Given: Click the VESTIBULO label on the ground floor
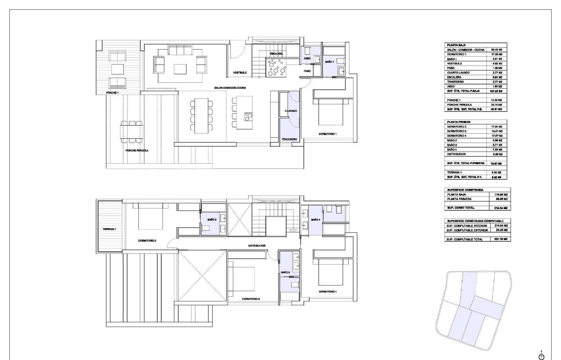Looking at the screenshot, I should click(240, 72).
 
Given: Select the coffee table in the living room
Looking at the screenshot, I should click(180, 69).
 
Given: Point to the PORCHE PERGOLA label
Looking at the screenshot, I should click(137, 151).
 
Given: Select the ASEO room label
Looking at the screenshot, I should click(307, 58).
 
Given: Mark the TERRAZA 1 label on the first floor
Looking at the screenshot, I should click(109, 230).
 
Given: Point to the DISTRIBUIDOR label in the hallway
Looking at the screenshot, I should click(257, 245).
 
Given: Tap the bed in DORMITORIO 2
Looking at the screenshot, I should click(150, 217).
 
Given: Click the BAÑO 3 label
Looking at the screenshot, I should click(286, 272).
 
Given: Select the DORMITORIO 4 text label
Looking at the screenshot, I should click(328, 291).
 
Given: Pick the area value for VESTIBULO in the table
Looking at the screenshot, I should click(496, 63).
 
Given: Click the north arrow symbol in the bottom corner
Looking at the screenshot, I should click(542, 356).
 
